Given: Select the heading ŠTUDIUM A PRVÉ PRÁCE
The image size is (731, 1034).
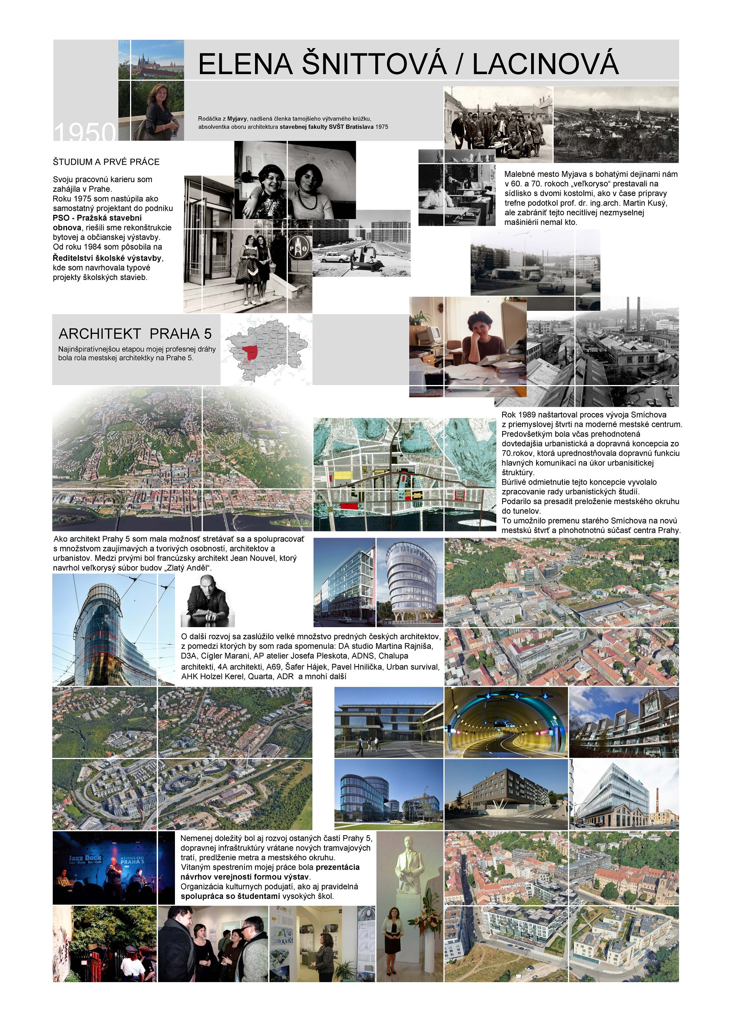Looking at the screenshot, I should tap(106, 162).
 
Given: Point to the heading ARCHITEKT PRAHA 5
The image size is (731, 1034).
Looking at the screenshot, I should tap(135, 334).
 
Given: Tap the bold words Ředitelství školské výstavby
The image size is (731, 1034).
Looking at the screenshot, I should tap(108, 258).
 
